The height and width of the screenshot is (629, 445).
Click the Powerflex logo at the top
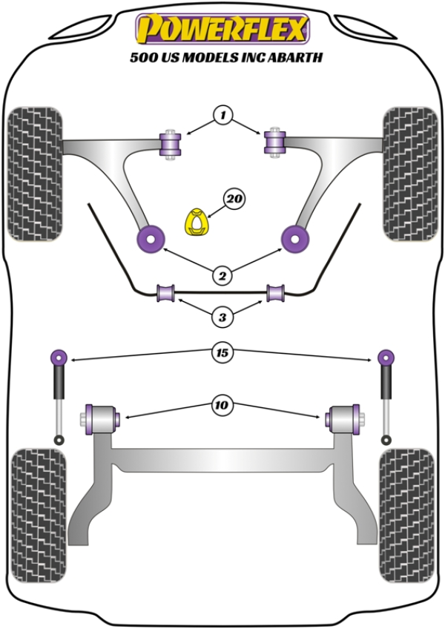coord(222,29)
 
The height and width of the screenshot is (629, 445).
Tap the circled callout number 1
coord(222,115)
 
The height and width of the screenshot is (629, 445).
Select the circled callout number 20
coord(234,200)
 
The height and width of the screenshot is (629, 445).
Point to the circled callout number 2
coord(222,276)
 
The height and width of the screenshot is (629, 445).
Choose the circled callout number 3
coord(222,317)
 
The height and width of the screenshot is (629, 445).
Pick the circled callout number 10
coord(222,405)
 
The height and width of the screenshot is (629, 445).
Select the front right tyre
coord(410,174)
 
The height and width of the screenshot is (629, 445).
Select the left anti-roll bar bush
coord(166,294)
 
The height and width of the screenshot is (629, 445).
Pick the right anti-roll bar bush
coord(276,294)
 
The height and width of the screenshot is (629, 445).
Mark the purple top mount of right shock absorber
coord(386,357)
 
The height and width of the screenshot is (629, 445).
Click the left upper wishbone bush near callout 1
coord(171,143)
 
